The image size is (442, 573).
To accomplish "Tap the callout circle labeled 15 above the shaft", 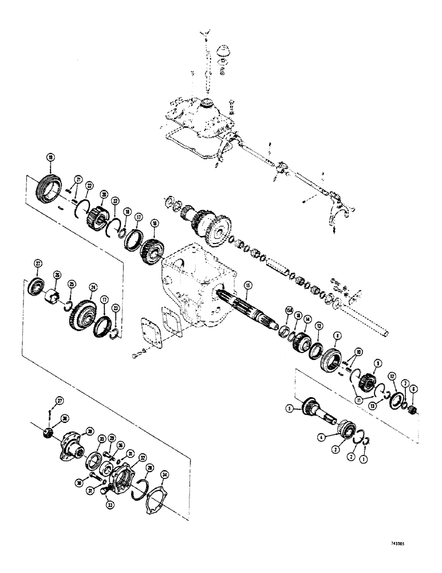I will point(247,285).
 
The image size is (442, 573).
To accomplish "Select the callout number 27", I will point(39,263).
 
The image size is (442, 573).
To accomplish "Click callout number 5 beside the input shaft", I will point(290,409).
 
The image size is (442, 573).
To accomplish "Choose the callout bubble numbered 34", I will point(165,475).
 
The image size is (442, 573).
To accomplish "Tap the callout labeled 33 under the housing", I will point(109,505).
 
